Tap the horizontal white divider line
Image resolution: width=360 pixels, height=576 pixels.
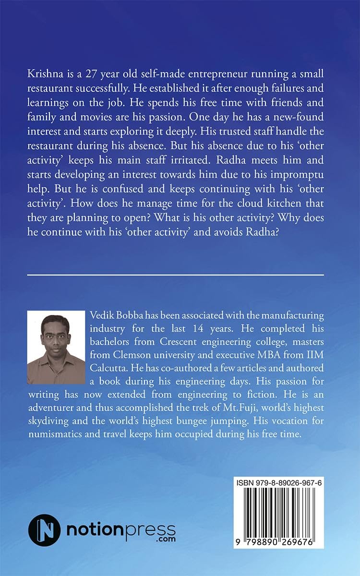(x=176, y=275)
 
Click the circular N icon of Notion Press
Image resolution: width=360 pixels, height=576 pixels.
(x=44, y=530)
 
